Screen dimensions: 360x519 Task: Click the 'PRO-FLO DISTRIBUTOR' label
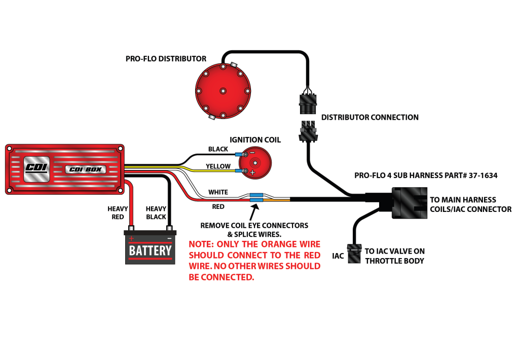coord(166,59)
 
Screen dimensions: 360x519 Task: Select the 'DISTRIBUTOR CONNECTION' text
coord(369,118)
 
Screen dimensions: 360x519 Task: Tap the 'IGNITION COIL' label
coord(255,140)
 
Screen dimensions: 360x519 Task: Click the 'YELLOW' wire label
coord(218,166)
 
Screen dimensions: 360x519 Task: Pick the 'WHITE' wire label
coord(218,193)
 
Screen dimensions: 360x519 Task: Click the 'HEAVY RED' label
coord(118,213)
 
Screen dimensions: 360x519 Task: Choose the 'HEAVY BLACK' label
coord(156,213)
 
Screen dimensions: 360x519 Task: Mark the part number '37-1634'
coord(481,176)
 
